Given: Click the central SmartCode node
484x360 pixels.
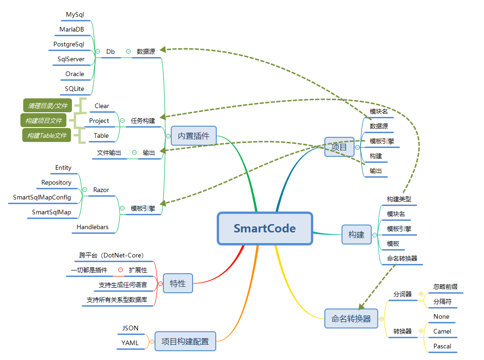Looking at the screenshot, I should [x=265, y=228].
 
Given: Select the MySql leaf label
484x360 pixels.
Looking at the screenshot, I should [x=75, y=15].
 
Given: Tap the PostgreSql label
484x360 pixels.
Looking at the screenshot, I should [x=69, y=45].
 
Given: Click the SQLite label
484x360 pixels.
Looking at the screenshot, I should [x=75, y=89].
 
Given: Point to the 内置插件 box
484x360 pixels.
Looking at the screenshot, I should [x=194, y=136].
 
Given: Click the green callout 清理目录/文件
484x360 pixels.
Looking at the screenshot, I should [x=47, y=106].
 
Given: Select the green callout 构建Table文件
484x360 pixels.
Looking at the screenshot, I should [x=46, y=135].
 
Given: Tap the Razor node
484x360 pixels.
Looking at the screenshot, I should [x=101, y=190].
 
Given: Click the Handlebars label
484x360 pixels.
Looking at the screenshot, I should [x=93, y=227].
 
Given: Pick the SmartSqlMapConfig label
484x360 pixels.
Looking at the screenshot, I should [x=42, y=197].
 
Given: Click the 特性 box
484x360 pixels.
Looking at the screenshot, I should [x=178, y=283].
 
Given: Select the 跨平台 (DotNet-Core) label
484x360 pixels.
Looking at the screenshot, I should [x=111, y=255].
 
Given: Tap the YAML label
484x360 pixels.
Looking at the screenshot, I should [x=130, y=343].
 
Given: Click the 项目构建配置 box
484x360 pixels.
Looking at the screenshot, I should [x=185, y=341].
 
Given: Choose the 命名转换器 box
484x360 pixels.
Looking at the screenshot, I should [x=351, y=319].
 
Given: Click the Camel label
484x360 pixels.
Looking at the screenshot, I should [x=442, y=331].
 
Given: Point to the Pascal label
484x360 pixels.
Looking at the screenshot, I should [x=442, y=346].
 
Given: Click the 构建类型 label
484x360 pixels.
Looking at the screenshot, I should [x=399, y=199].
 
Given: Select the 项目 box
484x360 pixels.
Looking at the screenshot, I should [x=339, y=147].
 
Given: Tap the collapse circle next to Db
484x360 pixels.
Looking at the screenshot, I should [x=97, y=51].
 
